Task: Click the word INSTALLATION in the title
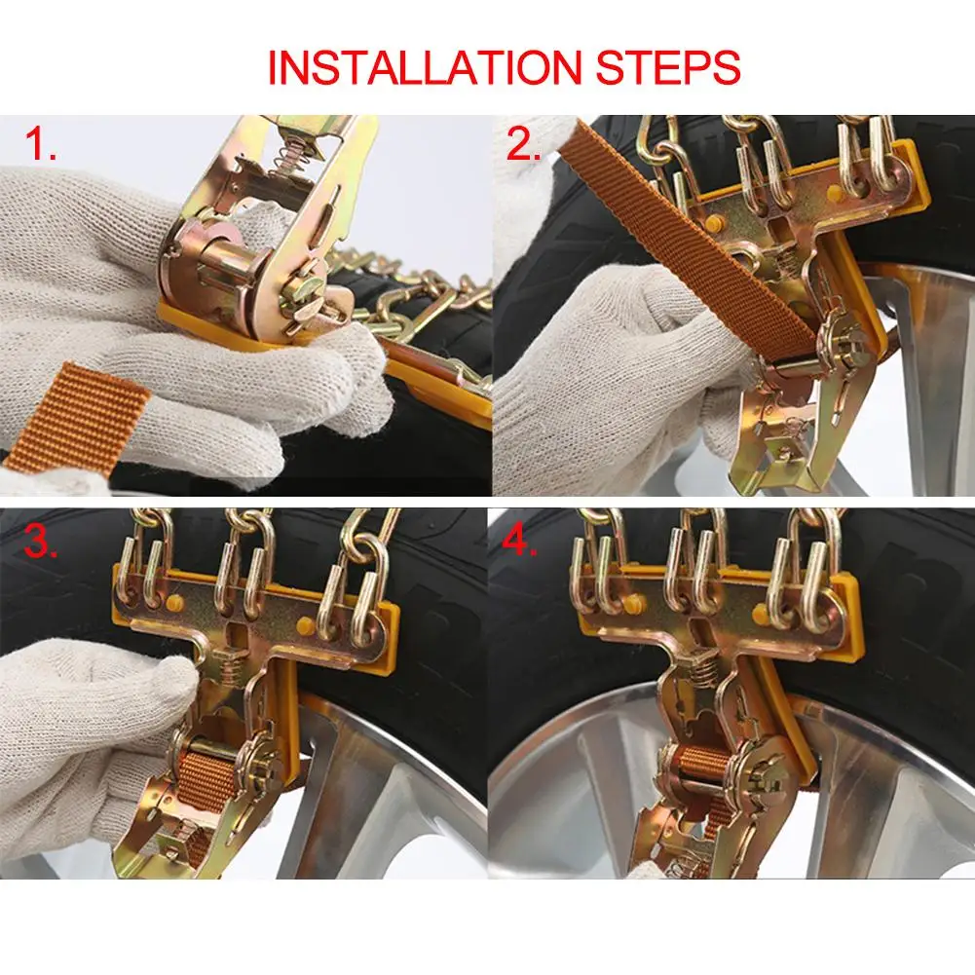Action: tap(424, 67)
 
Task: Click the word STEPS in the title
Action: tap(668, 67)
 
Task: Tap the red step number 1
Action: tap(41, 143)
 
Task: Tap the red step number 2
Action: tap(523, 144)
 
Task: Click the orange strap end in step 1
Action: tap(78, 414)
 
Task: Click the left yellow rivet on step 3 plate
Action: tap(174, 601)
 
